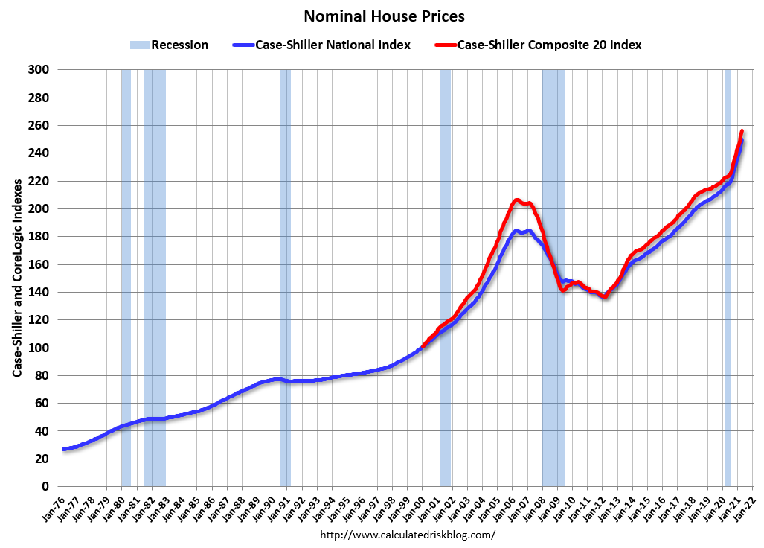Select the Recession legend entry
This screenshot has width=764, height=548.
169,45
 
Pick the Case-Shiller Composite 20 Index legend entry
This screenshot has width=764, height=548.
539,45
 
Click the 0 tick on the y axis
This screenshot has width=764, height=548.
45,487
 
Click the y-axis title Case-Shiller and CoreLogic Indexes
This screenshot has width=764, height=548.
16,277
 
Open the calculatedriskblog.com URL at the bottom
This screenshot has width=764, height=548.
407,535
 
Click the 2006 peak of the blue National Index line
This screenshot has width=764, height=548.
516,231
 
